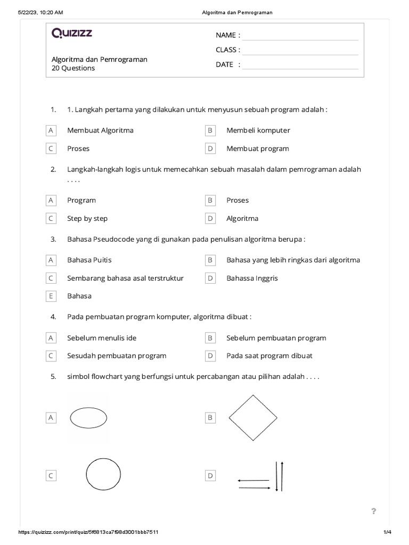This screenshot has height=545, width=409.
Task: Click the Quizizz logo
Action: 72,34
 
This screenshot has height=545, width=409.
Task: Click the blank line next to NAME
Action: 300,36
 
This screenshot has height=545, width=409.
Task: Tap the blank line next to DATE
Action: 300,65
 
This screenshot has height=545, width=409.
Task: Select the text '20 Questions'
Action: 73,69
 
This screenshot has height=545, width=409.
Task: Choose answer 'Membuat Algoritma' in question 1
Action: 100,130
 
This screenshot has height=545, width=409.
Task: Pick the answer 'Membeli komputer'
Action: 258,130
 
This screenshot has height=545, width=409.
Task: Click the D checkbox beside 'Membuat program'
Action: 210,148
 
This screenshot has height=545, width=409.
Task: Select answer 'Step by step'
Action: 87,219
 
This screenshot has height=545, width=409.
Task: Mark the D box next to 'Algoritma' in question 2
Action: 210,219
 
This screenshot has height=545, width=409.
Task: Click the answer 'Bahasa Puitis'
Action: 89,260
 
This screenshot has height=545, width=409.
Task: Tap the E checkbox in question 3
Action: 51,296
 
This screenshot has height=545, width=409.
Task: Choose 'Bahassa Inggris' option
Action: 252,278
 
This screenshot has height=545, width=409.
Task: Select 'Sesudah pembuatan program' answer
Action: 117,356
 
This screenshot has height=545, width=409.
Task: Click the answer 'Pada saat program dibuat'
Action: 269,356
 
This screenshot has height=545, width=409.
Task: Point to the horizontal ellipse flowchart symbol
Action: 89,418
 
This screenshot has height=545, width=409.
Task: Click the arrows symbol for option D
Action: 261,476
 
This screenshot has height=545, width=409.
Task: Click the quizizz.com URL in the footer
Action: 88,532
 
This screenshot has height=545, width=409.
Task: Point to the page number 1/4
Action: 387,532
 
